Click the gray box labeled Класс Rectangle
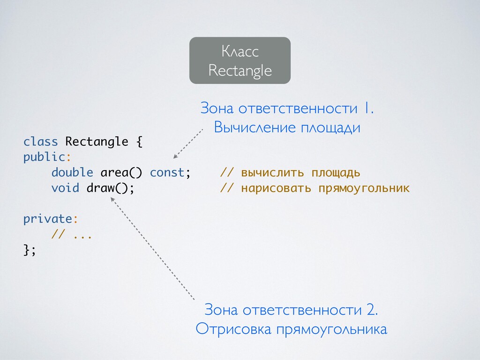point(240,60)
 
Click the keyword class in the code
point(40,142)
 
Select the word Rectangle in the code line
point(97,142)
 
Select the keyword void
point(65,188)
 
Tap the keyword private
point(48,219)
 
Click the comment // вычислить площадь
point(290,172)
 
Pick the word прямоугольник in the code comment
point(364,188)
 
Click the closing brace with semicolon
point(29,250)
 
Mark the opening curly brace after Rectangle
point(139,142)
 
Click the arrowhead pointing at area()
point(175,157)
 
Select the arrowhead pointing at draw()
point(112,200)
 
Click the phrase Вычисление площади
point(287,127)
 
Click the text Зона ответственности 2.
point(291,310)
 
